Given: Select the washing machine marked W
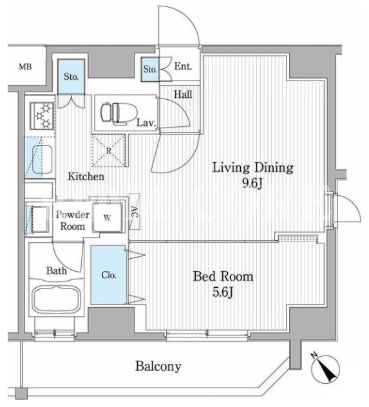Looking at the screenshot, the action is click(x=108, y=218).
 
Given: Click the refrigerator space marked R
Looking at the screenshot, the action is click(x=109, y=150).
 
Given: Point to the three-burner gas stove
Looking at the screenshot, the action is click(x=42, y=115).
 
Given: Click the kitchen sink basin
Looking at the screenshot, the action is click(x=42, y=158).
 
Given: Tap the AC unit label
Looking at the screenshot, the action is click(x=135, y=212).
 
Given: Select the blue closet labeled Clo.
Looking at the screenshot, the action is click(x=108, y=275).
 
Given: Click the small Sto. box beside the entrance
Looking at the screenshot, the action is click(x=150, y=70).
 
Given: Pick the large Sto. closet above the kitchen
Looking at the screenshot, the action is click(x=71, y=76).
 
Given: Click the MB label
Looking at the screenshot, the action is click(x=25, y=67).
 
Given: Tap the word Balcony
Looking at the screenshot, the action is click(x=158, y=367).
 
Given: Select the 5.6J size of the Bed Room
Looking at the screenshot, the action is click(x=223, y=292).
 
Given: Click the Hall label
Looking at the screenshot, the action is click(x=183, y=95).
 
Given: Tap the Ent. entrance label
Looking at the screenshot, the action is click(x=183, y=66).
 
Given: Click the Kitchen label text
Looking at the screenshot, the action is click(x=86, y=176).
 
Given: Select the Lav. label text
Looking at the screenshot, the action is click(x=146, y=122).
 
